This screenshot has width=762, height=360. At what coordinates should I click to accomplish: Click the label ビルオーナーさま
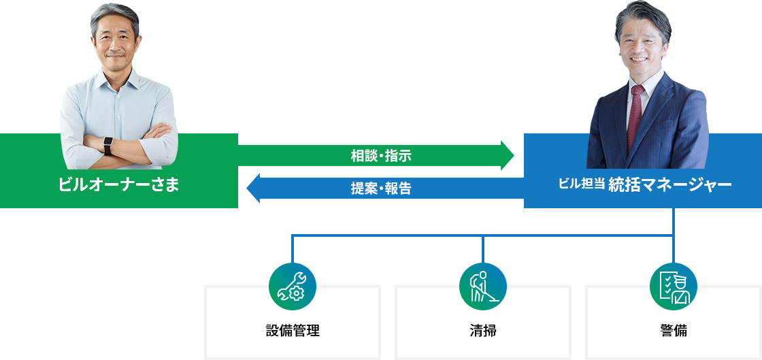[119, 185]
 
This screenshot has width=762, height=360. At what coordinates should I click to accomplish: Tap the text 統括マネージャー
[669, 185]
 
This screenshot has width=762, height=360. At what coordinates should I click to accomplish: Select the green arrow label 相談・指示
[381, 156]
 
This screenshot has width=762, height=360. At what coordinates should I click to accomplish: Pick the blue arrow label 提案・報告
[381, 189]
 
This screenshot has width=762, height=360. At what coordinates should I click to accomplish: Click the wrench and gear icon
[293, 286]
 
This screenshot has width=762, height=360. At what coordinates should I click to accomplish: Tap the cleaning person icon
[483, 286]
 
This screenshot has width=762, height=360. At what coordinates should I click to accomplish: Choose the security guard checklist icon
[674, 286]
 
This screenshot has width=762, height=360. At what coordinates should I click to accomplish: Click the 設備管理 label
[293, 331]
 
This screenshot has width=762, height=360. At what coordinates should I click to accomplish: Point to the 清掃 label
[483, 331]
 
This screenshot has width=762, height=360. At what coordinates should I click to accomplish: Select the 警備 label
[674, 331]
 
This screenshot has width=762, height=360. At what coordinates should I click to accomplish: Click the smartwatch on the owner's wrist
[107, 145]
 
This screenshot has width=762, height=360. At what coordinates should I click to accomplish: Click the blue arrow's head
[252, 189]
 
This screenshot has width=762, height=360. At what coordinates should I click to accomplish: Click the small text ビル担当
[580, 184]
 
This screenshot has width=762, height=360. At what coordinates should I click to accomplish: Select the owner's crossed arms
[119, 140]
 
